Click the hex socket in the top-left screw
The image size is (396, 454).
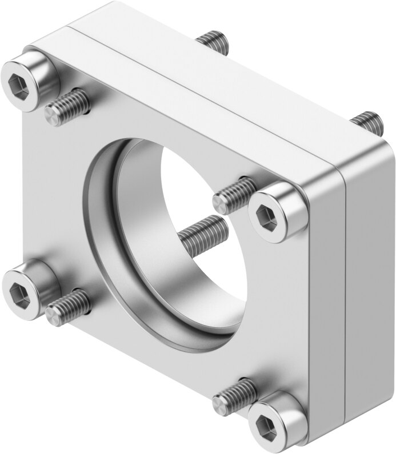18,85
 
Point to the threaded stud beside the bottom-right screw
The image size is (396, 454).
234,396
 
